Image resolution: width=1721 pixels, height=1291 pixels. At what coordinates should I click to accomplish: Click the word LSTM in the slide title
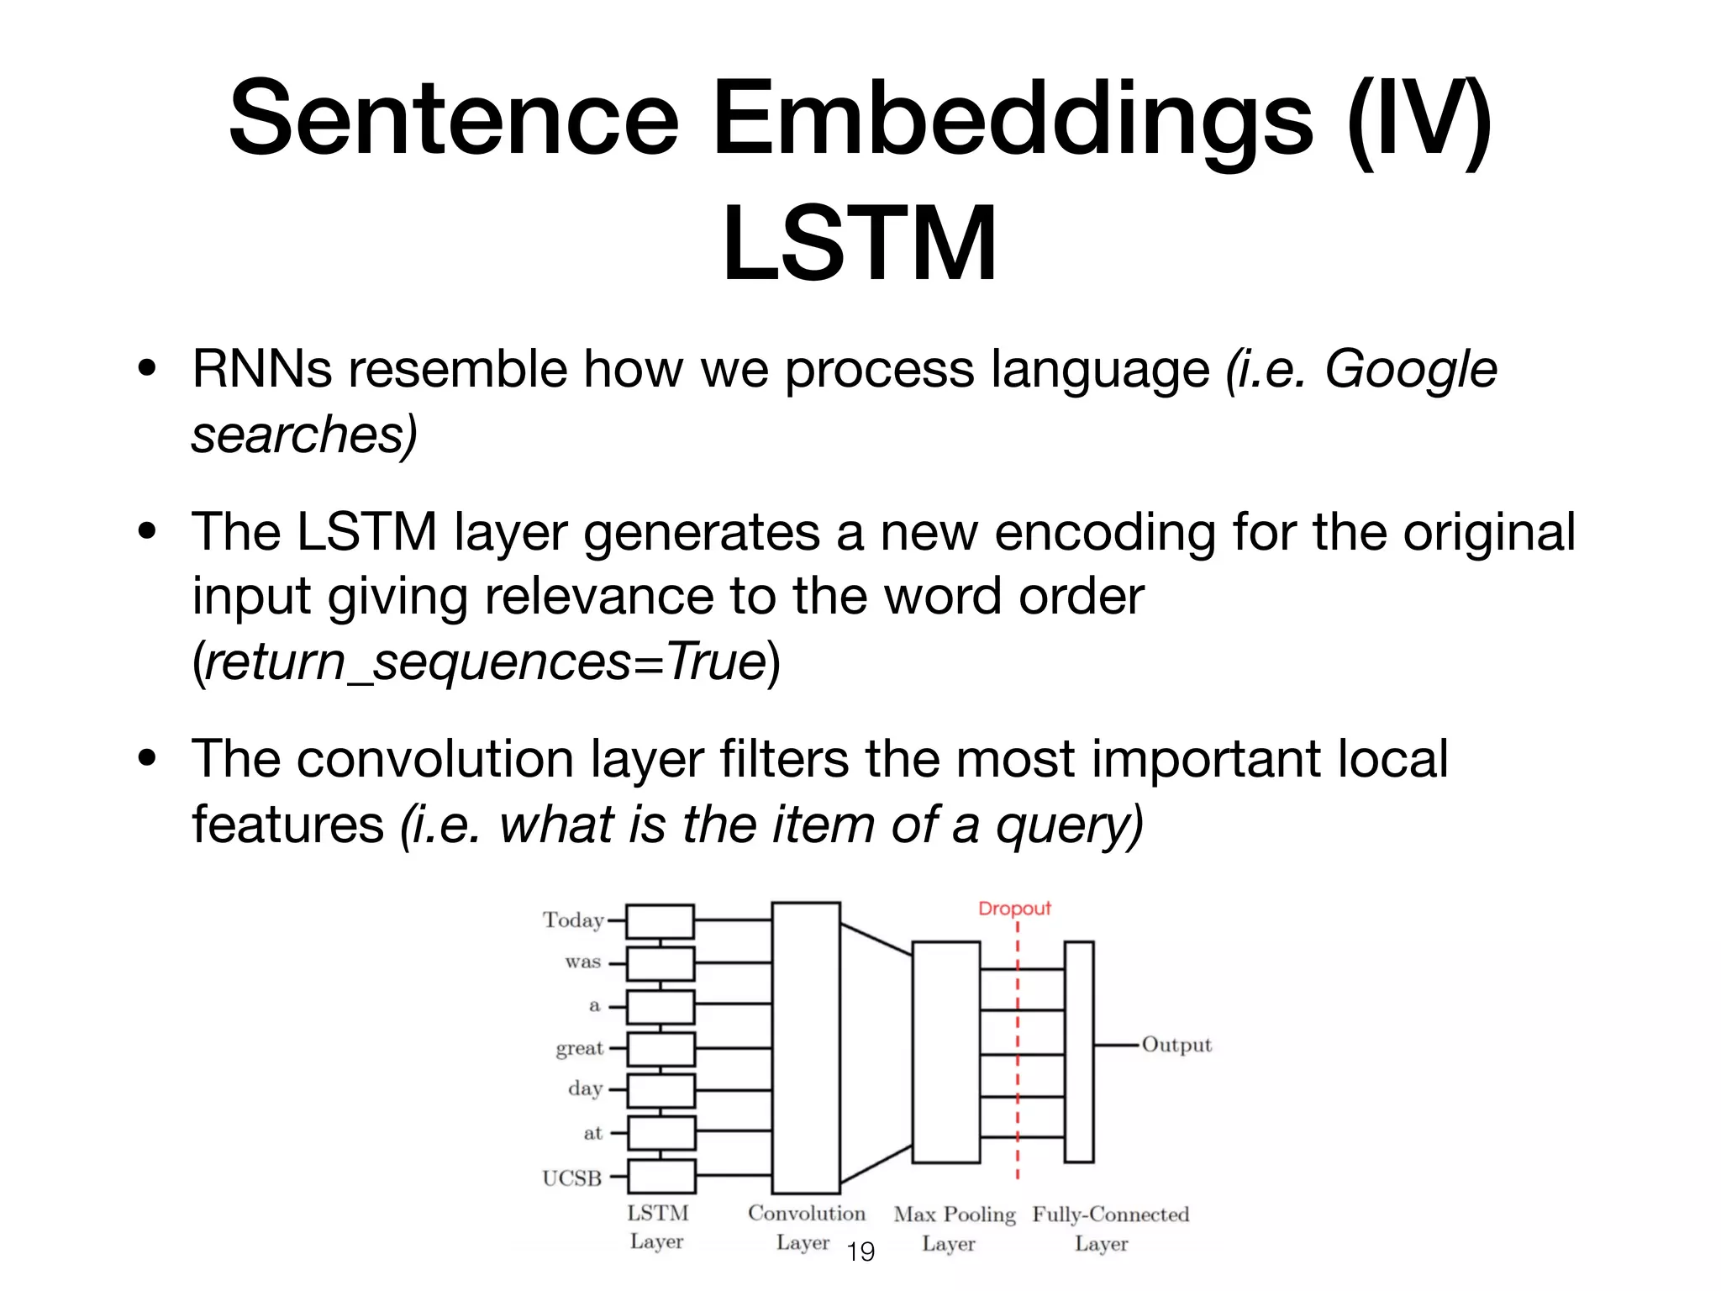tap(860, 244)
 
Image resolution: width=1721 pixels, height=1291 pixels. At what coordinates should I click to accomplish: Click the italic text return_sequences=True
tap(485, 661)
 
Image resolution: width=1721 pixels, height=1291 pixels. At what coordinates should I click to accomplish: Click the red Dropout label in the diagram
tap(1014, 909)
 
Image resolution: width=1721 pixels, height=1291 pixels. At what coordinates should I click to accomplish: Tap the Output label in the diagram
tap(1176, 1045)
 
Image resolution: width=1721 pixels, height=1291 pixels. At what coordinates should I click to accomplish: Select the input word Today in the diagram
tap(573, 920)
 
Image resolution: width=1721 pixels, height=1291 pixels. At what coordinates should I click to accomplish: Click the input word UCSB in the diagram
tap(572, 1178)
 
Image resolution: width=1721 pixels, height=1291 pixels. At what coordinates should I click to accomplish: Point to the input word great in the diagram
tap(580, 1048)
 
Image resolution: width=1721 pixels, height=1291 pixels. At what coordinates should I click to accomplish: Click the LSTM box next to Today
tap(661, 921)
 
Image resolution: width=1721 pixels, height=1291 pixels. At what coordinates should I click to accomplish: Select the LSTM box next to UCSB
tap(661, 1177)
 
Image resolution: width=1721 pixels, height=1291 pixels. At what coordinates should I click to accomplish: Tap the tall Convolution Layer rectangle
tap(806, 1047)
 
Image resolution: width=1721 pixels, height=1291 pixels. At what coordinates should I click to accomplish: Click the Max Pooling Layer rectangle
tap(946, 1051)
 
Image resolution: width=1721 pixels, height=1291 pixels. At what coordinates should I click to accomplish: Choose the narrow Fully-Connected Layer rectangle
tap(1079, 1051)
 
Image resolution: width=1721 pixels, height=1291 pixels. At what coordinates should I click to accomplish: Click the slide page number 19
tap(860, 1252)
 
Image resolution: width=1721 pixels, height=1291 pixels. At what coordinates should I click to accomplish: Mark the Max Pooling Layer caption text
tap(954, 1228)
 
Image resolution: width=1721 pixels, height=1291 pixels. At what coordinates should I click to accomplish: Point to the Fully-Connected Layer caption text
tap(1110, 1228)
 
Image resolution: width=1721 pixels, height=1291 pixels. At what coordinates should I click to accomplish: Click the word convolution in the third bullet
tap(434, 759)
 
